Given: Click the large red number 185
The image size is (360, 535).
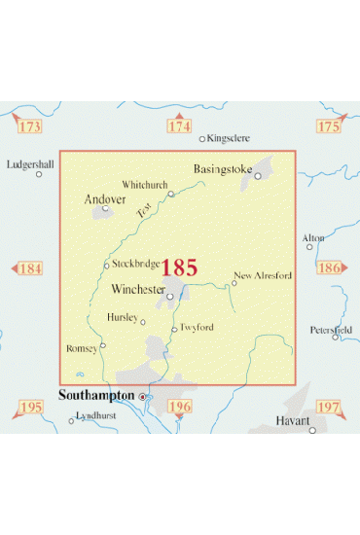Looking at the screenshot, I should pos(179,267).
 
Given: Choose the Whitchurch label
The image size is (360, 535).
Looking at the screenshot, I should pos(145,184).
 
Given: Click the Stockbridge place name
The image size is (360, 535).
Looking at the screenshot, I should pos(135,263).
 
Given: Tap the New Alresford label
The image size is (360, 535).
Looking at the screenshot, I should pos(263,275).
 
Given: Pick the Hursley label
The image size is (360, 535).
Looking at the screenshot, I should pos(124,317).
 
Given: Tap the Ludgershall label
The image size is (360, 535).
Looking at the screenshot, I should pos(31,163).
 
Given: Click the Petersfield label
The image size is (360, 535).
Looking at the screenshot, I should pos(332,329).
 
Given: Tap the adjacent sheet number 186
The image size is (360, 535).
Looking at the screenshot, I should pos(330,267).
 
